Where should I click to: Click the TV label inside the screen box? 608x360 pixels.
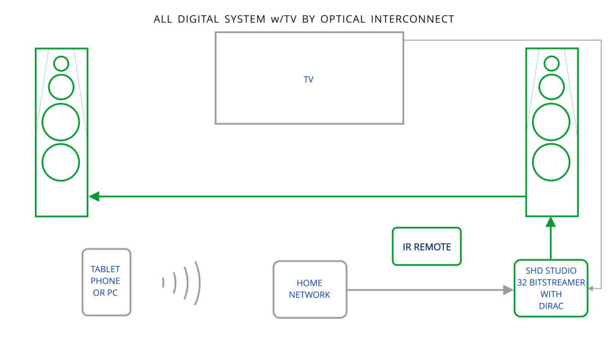308,79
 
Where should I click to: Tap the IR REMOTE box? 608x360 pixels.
426,247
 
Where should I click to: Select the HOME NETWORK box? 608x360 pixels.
310,290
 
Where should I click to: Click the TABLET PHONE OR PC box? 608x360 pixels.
106,282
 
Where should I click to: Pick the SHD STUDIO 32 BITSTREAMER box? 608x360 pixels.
551,288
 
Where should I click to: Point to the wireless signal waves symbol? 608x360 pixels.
182,283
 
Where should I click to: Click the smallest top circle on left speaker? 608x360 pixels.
61,63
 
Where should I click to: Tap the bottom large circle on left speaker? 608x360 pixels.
61,162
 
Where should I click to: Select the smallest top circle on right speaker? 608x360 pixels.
552,63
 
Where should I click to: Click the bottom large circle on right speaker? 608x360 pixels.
551,162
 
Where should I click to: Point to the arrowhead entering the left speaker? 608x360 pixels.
94,196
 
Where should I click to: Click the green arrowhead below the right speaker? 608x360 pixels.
550,222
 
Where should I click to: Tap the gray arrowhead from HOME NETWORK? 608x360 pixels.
508,290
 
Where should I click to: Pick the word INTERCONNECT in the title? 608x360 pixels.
412,19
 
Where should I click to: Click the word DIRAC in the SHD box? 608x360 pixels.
551,306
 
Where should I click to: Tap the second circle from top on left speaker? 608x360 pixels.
61,87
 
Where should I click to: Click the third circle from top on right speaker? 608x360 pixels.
551,122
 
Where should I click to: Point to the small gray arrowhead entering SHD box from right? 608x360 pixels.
590,288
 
